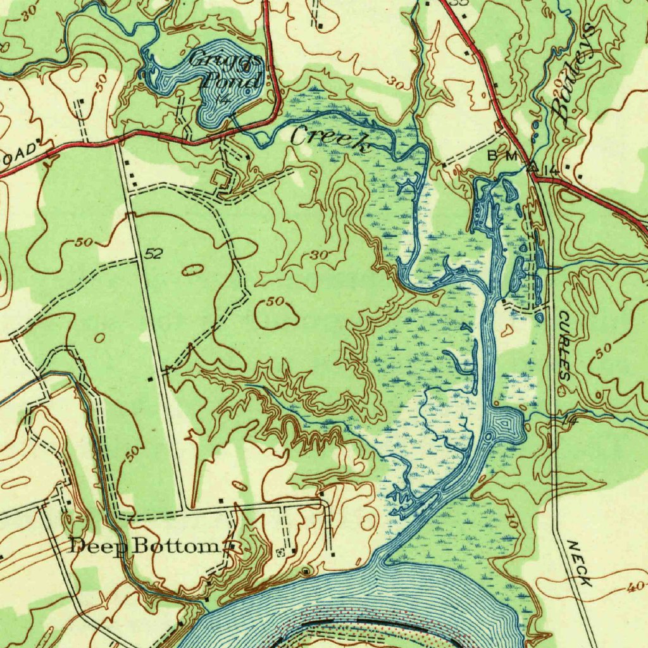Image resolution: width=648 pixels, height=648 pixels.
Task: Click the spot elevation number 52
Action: tap(154, 254)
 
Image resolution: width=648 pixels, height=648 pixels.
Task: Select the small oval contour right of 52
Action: tap(193, 270)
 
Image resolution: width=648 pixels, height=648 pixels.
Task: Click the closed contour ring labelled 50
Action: tap(277, 313)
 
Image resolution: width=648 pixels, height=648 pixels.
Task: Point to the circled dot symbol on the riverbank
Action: tap(307, 571)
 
